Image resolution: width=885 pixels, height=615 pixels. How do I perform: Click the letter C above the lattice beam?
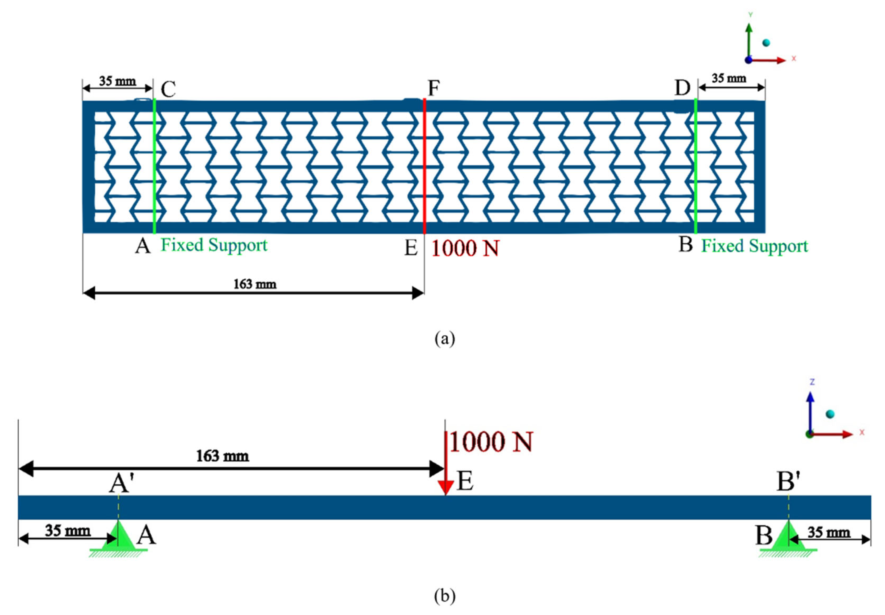tap(168, 89)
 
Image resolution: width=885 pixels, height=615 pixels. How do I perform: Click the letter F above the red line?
tap(434, 88)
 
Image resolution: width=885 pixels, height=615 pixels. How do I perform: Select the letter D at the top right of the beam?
tap(682, 88)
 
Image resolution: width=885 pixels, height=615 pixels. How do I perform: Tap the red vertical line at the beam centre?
tap(424, 166)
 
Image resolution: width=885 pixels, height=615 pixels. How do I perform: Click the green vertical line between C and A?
tap(154, 166)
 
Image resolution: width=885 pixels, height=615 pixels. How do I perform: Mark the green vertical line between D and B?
tap(695, 166)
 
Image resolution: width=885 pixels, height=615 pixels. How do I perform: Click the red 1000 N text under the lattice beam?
tap(465, 249)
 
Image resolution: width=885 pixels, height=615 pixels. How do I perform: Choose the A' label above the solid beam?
tap(119, 483)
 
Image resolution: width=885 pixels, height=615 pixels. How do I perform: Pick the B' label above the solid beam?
tap(788, 482)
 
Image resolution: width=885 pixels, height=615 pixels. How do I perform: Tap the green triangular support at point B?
tap(788, 536)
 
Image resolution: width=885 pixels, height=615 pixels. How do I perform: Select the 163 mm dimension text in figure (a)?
tap(255, 284)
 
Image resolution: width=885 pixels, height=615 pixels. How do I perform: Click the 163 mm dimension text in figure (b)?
tap(223, 456)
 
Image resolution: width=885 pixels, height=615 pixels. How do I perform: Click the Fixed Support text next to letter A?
tap(214, 245)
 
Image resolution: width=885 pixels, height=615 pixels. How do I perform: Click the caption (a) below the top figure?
tap(445, 339)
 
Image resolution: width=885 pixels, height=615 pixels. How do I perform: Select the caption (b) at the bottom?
tap(445, 596)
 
